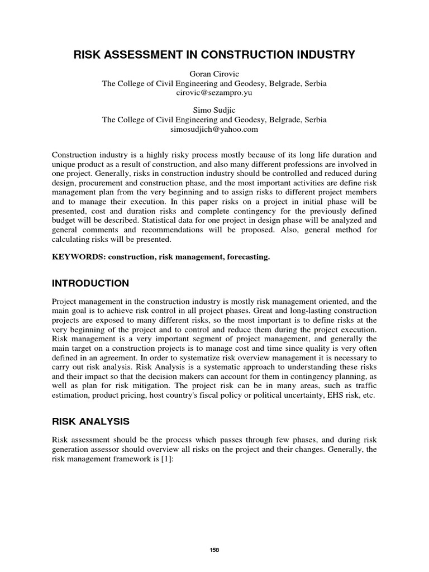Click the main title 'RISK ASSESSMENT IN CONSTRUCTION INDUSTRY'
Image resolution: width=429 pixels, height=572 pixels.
tap(214, 55)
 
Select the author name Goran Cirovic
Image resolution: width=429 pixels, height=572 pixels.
tap(214, 74)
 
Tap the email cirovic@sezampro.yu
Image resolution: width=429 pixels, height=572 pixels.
tap(214, 93)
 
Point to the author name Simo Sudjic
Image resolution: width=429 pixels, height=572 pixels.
tap(214, 110)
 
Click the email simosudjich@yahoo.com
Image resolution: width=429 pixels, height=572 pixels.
tap(214, 129)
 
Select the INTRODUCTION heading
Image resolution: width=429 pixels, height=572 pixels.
tap(90, 283)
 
